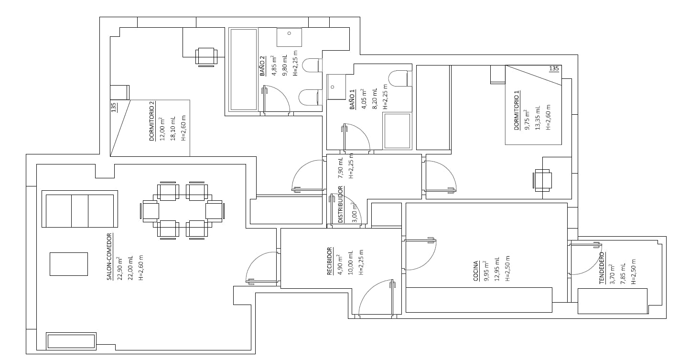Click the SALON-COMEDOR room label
(109, 257)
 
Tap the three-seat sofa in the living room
(80, 210)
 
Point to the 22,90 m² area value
(120, 268)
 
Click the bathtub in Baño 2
(243, 69)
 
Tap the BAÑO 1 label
(353, 100)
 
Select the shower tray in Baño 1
(397, 131)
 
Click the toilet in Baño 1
(398, 78)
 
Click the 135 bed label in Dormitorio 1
(554, 69)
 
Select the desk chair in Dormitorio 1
(542, 181)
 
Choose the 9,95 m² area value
(486, 272)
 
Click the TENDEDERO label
(602, 268)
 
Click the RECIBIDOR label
(329, 261)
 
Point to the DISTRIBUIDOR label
(341, 204)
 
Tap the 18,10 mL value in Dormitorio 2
(172, 128)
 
